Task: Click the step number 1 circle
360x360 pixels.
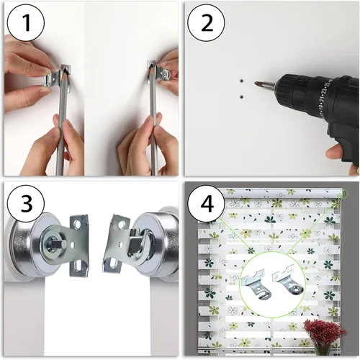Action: tap(26, 23)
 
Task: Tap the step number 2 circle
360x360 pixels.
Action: tap(207, 23)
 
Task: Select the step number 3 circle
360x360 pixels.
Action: tap(26, 203)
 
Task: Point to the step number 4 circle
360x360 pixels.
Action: tap(207, 203)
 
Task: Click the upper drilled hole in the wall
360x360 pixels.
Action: tap(241, 81)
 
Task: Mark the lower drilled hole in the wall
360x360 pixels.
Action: tap(241, 96)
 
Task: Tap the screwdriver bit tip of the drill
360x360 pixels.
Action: tap(256, 84)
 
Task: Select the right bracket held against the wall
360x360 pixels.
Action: tap(159, 73)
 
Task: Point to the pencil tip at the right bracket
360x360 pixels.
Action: tap(151, 65)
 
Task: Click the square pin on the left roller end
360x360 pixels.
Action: tap(63, 245)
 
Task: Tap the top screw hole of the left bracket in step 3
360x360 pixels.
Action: tap(78, 224)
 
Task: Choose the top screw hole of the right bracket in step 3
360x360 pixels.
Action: tap(121, 225)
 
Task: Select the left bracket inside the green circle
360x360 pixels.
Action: tap(256, 285)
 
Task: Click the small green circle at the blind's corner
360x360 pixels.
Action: tap(344, 193)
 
